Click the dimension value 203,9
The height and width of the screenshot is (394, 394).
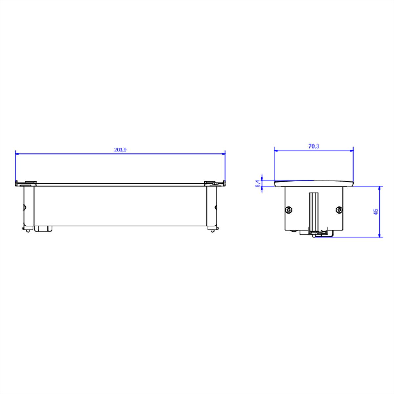pos(120,150)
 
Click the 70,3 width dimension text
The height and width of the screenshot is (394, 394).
pos(314,146)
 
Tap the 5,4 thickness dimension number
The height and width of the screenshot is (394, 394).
pos(258,183)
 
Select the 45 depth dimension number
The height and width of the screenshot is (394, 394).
pos(376,212)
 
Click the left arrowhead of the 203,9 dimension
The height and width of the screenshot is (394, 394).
pos(17,154)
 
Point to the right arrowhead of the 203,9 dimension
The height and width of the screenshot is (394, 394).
pos(223,154)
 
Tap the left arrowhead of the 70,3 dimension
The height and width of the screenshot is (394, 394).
pos(276,151)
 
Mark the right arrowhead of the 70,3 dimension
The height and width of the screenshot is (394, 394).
pos(351,151)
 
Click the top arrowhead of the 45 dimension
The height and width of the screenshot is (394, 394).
pos(380,188)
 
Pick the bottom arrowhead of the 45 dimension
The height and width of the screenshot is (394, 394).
pos(380,235)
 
